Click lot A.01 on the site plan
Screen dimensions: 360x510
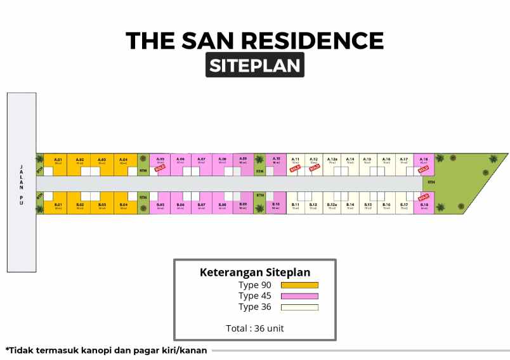(58, 162)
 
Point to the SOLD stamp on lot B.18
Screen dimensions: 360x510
(424, 197)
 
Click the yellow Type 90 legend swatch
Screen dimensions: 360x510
(299, 285)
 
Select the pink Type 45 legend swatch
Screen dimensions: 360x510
(299, 296)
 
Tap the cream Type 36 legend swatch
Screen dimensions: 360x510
(299, 307)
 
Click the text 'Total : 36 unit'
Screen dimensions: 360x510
(255, 328)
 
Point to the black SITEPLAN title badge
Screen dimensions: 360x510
(254, 65)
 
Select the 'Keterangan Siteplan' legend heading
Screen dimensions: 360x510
(255, 273)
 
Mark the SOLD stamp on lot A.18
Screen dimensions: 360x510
(424, 169)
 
